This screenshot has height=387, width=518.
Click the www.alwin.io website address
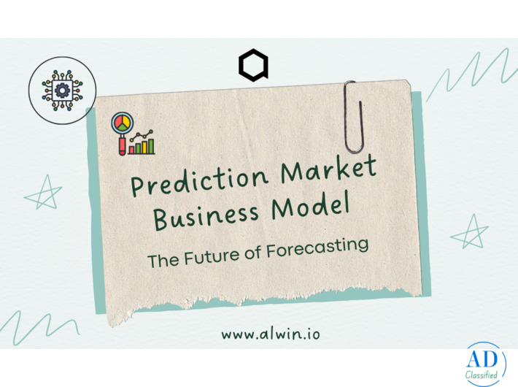point(271,334)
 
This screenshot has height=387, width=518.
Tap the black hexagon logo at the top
point(253,66)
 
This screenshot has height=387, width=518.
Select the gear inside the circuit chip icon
point(61,90)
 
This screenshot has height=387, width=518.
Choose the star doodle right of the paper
point(470,232)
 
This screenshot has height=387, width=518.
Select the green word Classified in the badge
point(482,376)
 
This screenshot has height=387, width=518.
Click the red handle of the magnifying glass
point(123,146)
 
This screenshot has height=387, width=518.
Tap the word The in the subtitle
point(161,261)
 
